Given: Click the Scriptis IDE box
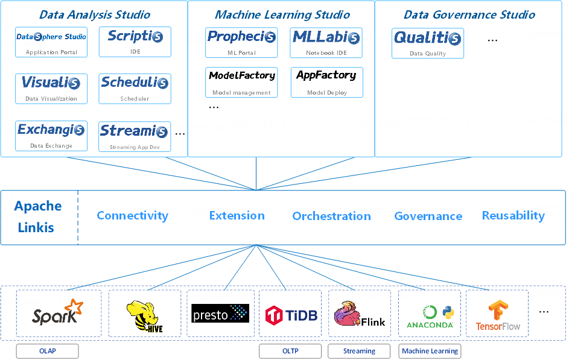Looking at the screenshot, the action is point(135,42).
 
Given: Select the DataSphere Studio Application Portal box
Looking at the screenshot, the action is point(51,42).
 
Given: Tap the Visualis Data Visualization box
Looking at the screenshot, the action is point(51,89).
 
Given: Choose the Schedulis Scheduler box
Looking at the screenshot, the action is point(135,89).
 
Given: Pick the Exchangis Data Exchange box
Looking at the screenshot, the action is point(51,136).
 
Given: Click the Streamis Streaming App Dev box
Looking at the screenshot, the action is point(135,137).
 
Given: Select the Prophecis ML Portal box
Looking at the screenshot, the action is point(241,42).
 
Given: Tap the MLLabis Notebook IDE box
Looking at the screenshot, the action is point(326,42).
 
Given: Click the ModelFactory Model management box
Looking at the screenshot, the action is point(241,82).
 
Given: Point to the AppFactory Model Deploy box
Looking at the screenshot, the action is point(327,82).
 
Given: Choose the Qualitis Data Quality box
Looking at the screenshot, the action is point(428,43).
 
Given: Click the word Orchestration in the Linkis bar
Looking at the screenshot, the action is point(332,216).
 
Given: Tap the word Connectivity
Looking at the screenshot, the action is point(133,216).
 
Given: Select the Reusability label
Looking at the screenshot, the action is point(513,216).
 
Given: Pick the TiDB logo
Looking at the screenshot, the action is point(291,315).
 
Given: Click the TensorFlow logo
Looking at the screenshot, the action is point(498,315).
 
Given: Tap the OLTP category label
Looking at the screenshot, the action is point(290,351).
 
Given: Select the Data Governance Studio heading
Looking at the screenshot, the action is point(469,14).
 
